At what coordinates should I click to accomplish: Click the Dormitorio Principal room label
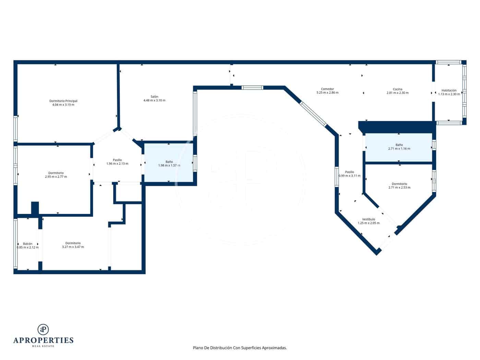(x=63, y=101)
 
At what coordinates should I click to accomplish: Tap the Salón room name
(x=154, y=97)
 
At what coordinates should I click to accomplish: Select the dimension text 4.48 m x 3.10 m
(x=154, y=100)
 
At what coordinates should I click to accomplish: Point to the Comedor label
(x=327, y=89)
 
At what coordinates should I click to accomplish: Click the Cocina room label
(x=397, y=89)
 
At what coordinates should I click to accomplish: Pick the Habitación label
(x=449, y=90)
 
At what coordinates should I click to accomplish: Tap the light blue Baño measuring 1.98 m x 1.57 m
(x=169, y=163)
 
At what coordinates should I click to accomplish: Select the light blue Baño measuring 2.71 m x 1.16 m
(x=399, y=147)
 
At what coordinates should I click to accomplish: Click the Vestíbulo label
(x=369, y=219)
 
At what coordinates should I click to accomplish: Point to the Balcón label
(x=28, y=244)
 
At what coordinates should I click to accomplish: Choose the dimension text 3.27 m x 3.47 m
(x=73, y=247)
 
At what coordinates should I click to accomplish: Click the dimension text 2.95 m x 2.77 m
(x=56, y=177)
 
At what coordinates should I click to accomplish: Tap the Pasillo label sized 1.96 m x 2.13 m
(x=117, y=160)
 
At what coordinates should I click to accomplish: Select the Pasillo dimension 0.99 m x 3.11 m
(x=349, y=176)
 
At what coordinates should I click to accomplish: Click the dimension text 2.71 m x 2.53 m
(x=399, y=188)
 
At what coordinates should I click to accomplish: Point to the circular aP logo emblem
(x=43, y=329)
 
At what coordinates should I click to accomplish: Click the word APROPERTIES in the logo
(x=43, y=340)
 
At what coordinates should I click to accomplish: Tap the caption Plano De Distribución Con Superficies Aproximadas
(x=240, y=348)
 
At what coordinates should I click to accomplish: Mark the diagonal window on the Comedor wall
(x=313, y=113)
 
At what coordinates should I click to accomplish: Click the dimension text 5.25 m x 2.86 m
(x=327, y=93)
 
